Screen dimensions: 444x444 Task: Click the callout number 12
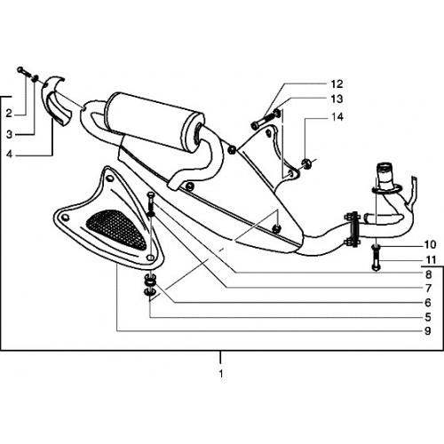337,84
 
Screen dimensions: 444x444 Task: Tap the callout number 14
337,117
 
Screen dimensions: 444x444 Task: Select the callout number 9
428,330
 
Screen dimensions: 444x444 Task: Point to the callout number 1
221,374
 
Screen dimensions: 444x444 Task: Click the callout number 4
10,154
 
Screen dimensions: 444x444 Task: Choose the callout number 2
9,113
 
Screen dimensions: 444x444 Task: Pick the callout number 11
431,260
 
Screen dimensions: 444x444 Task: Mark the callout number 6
428,303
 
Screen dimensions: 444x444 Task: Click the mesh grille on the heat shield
116,228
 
